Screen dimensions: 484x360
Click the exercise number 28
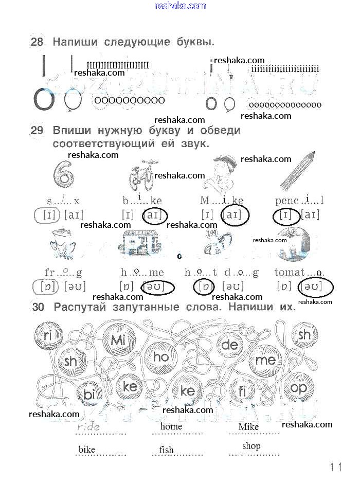[37, 42]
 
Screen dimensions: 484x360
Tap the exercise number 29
[37, 131]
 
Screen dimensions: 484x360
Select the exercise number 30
[39, 308]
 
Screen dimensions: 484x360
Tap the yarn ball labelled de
[229, 345]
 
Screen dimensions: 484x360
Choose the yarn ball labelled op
[298, 389]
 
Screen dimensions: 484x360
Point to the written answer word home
[171, 426]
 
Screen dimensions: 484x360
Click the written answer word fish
[166, 450]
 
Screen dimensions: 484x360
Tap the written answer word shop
[251, 446]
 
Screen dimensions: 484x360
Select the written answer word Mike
[248, 427]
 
